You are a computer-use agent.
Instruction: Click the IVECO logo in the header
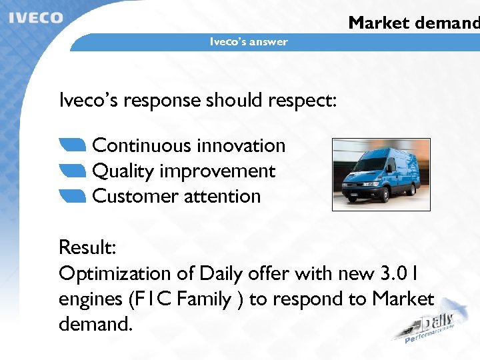36,17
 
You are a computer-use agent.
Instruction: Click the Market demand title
413,23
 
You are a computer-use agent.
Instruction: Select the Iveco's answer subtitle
249,42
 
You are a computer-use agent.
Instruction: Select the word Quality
123,171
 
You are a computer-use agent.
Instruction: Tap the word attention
223,196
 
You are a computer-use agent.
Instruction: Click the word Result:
87,247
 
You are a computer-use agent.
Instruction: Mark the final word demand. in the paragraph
96,325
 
